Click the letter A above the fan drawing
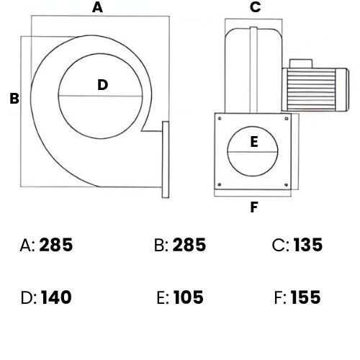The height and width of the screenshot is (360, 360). [97, 7]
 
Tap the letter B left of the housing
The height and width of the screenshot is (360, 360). [14, 99]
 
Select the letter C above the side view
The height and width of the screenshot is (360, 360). [255, 7]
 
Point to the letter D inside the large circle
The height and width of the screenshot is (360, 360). [103, 85]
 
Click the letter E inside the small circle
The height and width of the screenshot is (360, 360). [254, 142]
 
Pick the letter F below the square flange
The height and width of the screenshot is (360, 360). [254, 207]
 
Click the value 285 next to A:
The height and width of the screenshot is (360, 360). [56, 245]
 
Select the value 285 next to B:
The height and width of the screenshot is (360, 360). [189, 245]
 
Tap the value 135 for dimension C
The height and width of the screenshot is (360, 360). [308, 245]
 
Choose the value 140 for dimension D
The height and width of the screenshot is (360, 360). [56, 297]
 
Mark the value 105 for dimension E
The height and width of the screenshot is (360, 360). [189, 297]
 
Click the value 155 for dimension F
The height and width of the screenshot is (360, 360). [306, 297]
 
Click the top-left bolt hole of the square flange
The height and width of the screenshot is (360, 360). [220, 118]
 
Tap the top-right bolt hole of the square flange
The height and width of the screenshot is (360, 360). [287, 118]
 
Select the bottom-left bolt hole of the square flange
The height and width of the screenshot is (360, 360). [220, 184]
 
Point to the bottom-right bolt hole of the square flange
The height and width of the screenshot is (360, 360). [286, 185]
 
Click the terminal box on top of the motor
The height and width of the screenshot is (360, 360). [301, 63]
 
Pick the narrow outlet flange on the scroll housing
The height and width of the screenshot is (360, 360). [166, 160]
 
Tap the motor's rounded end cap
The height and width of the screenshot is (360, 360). [342, 90]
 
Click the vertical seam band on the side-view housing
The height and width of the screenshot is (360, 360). [253, 70]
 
